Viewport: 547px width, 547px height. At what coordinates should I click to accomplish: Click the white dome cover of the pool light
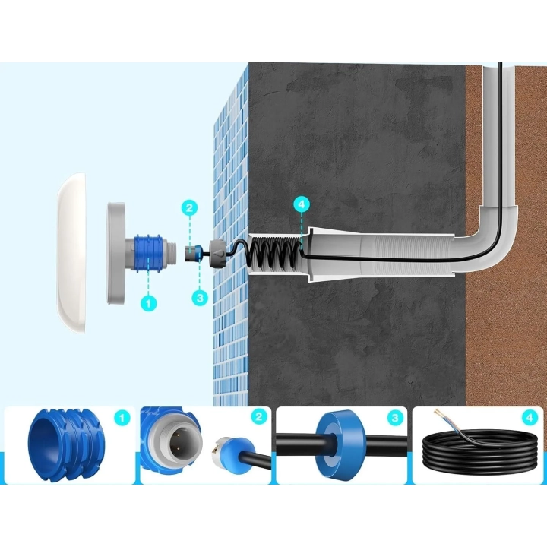(x=71, y=252)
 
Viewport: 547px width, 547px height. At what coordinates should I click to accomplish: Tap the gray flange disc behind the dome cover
(x=115, y=252)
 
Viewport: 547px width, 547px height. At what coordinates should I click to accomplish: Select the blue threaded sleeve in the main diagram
(x=149, y=253)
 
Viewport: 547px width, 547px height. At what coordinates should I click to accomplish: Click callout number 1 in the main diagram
(x=149, y=303)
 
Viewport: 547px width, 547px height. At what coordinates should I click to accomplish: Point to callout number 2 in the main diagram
(x=189, y=208)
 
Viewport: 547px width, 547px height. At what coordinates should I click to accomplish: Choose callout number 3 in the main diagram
(x=200, y=298)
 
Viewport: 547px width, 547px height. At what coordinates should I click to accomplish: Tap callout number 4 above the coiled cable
(x=302, y=204)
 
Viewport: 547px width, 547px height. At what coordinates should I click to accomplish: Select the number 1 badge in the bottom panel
(x=122, y=418)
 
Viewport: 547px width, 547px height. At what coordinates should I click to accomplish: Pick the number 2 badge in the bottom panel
(x=258, y=417)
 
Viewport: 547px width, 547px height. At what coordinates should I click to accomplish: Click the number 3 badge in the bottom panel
(x=395, y=418)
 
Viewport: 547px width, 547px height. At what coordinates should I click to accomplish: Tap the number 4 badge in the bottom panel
(x=530, y=418)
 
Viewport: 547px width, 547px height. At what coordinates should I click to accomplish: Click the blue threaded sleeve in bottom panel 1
(x=65, y=445)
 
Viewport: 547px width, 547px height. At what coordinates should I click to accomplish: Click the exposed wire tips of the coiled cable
(x=440, y=414)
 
